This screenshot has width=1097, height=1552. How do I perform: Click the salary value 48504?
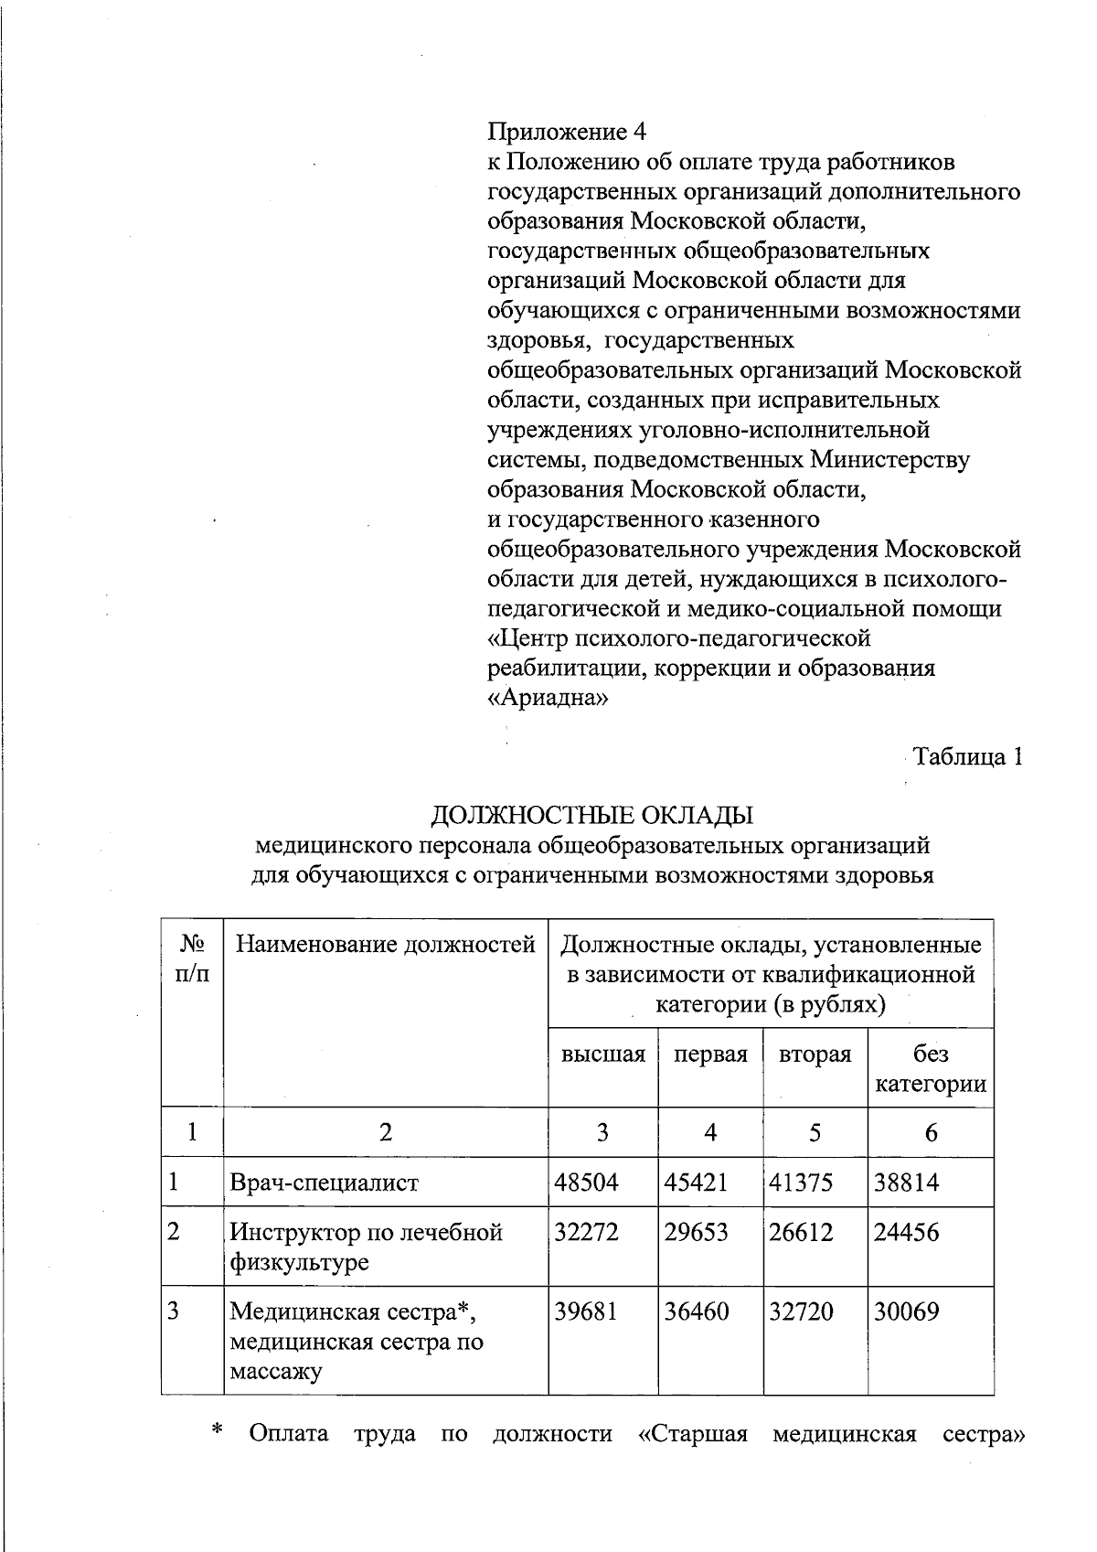tap(587, 1183)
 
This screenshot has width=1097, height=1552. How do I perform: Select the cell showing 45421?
tap(696, 1183)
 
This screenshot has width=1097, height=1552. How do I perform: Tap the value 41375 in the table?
tap(801, 1183)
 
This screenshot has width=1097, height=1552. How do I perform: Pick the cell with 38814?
tap(906, 1183)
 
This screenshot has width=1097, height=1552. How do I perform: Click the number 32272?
tap(587, 1232)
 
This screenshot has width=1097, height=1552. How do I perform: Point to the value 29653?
tap(696, 1232)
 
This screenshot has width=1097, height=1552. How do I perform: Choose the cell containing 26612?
tap(801, 1232)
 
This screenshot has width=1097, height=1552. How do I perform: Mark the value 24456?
tap(906, 1232)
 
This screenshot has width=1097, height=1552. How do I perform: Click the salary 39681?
tap(587, 1311)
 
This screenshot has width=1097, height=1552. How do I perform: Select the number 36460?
tap(696, 1311)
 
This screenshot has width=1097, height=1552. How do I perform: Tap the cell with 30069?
tap(906, 1311)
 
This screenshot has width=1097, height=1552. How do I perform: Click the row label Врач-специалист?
tap(324, 1183)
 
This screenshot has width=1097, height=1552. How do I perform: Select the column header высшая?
tap(603, 1054)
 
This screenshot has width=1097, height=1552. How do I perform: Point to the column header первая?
tap(710, 1054)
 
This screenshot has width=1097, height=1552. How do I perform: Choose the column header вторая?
tap(815, 1054)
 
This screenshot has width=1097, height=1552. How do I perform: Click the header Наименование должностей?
tap(386, 944)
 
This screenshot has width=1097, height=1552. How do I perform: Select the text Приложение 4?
tap(567, 132)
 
